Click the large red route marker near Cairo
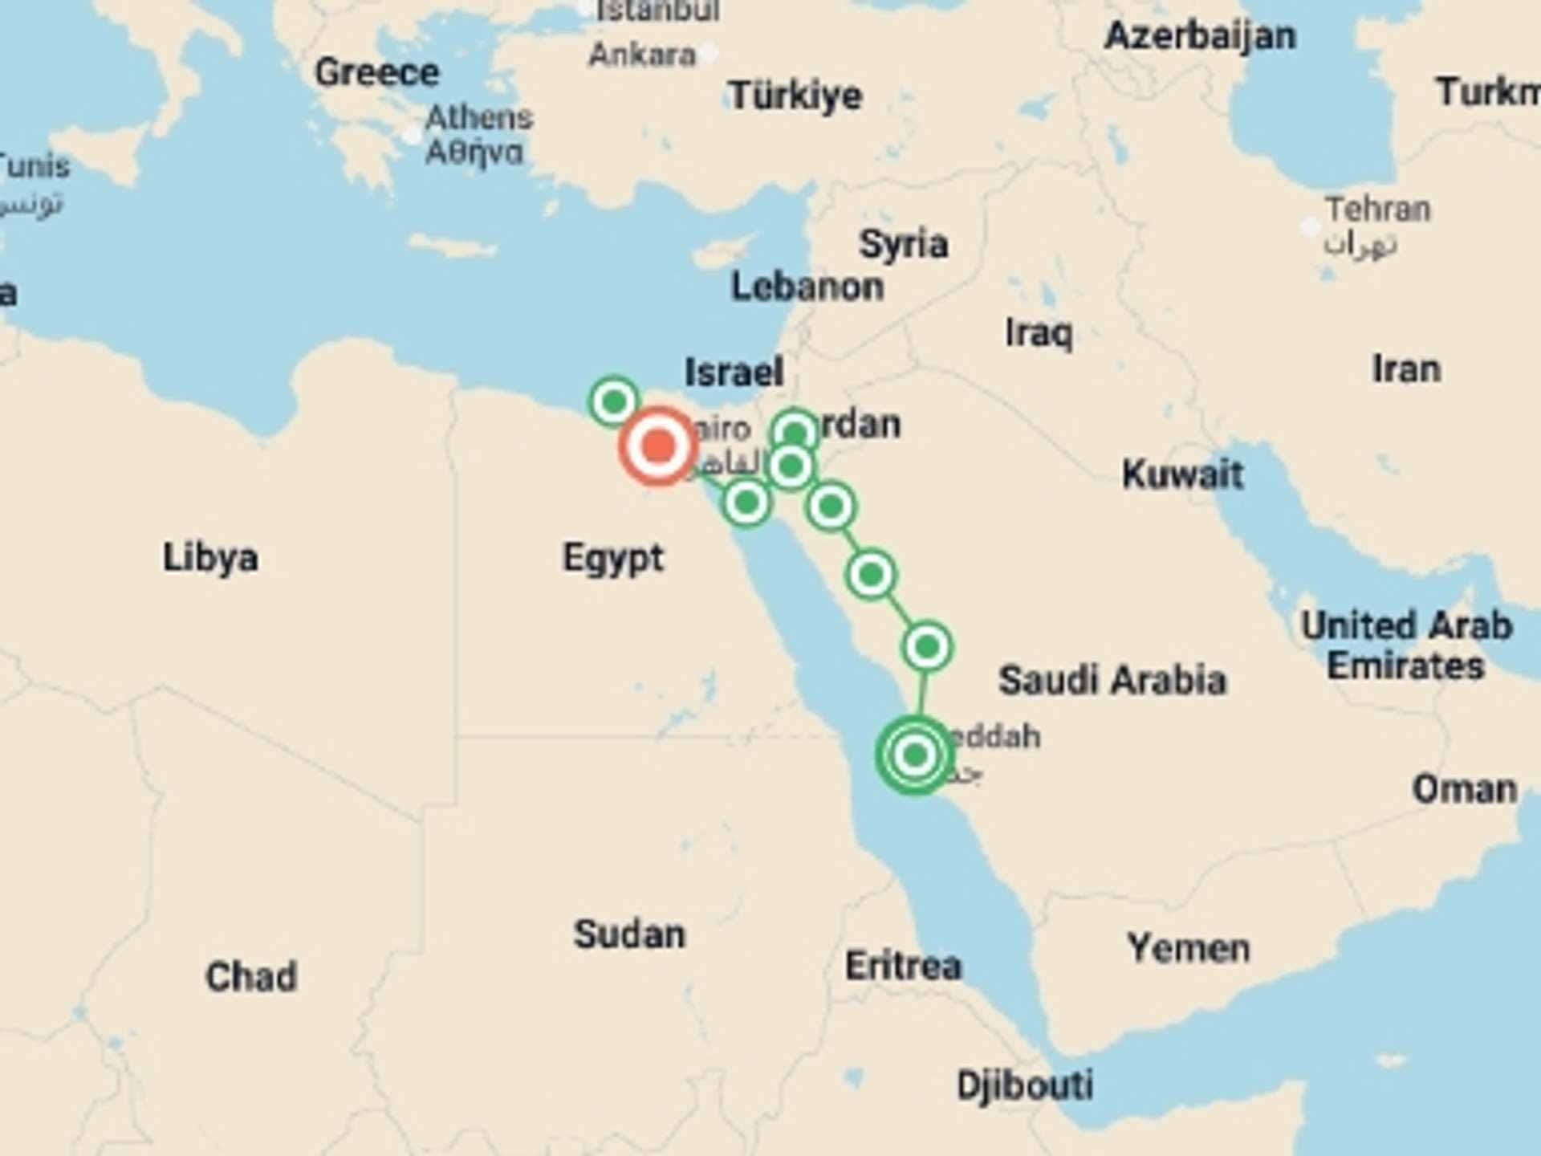(658, 446)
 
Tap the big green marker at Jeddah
(914, 755)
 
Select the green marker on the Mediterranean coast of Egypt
(614, 401)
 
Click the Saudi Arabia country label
(1112, 680)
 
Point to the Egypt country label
(613, 558)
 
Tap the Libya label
(210, 557)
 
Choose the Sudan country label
(629, 934)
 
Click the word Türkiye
(795, 96)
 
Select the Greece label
(376, 72)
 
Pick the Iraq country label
(1039, 332)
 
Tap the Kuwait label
(1182, 474)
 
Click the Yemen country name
(1189, 948)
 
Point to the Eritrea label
(903, 965)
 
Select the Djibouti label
(1025, 1085)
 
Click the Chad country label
(251, 977)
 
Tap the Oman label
(1465, 789)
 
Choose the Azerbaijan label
(1200, 36)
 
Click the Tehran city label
(1377, 210)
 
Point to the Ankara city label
(642, 55)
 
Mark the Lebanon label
(807, 287)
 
